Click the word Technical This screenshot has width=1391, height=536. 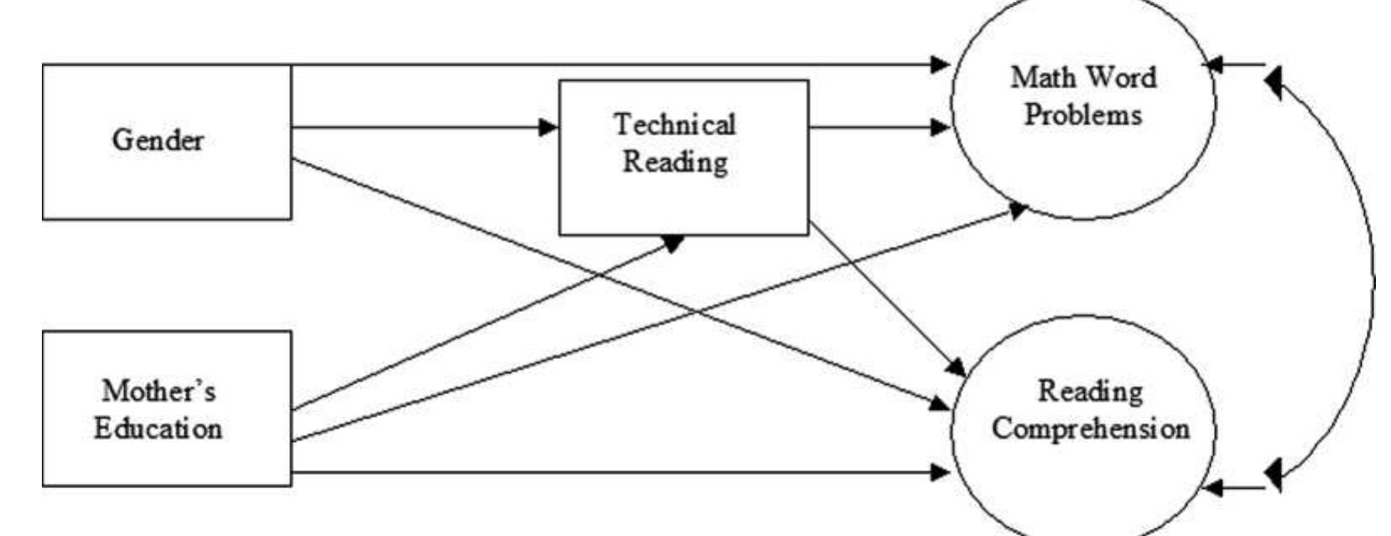point(675,125)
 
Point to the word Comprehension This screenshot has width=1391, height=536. point(1090,429)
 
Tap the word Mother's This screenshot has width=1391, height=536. point(158,390)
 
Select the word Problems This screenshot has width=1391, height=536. point(1082,115)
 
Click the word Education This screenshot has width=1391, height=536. point(158,429)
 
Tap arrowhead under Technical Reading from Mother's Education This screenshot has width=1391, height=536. point(675,241)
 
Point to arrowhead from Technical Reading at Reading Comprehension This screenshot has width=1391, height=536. point(957,367)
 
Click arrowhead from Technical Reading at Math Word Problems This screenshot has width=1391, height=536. point(942,127)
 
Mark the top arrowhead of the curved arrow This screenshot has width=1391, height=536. point(1273,82)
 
